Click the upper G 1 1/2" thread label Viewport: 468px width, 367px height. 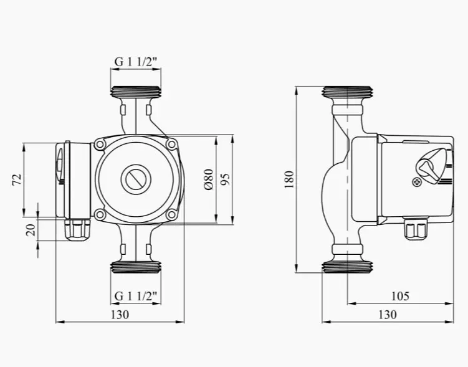pos(136,62)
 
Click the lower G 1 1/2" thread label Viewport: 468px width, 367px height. pos(136,297)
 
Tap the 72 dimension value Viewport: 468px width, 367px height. pos(17,179)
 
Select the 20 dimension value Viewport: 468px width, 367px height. pos(31,230)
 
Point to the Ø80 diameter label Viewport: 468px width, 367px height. pos(209,179)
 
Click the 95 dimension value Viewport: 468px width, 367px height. pos(226,179)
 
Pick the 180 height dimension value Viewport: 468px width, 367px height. pos(289,179)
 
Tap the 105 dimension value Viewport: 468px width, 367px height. pos(400,297)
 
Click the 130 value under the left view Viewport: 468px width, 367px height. pos(120,315)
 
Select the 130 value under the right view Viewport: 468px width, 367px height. pos(388,315)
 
